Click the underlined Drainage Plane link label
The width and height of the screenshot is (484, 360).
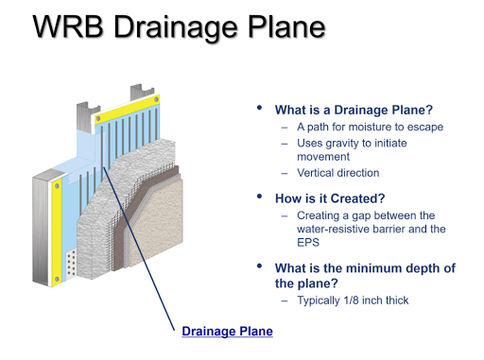click(226, 331)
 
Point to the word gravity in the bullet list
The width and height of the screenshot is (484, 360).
click(348, 143)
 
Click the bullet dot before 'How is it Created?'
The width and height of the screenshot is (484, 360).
click(260, 197)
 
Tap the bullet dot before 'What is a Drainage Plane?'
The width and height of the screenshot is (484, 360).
click(260, 109)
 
